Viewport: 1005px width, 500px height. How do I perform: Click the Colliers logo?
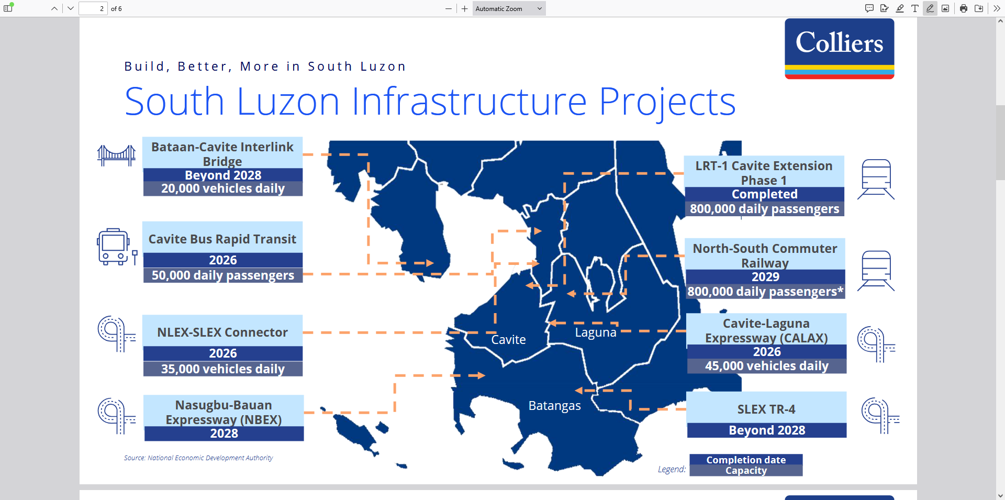point(839,49)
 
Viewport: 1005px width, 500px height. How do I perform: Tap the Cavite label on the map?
point(508,340)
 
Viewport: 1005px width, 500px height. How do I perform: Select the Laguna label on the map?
point(596,332)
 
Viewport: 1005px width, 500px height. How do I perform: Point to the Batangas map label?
point(554,406)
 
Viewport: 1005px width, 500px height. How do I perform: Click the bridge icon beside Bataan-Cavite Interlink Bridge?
point(116,155)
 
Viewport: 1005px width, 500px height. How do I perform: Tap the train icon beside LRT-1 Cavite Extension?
point(876,180)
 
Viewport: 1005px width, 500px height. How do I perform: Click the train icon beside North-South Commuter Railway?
point(876,271)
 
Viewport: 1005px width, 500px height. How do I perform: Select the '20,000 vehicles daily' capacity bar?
point(223,188)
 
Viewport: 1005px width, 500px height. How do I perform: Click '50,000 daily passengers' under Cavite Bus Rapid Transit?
point(223,275)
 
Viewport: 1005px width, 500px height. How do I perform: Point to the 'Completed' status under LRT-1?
point(764,194)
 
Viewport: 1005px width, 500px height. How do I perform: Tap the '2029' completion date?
point(765,277)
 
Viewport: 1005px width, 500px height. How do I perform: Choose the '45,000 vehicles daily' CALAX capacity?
point(766,366)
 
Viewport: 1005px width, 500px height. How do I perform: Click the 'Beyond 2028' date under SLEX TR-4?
point(767,430)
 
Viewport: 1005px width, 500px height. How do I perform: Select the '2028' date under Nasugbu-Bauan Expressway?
point(224,434)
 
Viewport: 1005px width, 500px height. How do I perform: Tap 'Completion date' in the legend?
point(746,460)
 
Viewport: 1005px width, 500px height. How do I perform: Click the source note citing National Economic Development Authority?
point(198,458)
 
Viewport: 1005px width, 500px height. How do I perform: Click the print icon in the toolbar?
point(963,8)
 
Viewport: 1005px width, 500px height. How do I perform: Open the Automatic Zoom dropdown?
point(509,8)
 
